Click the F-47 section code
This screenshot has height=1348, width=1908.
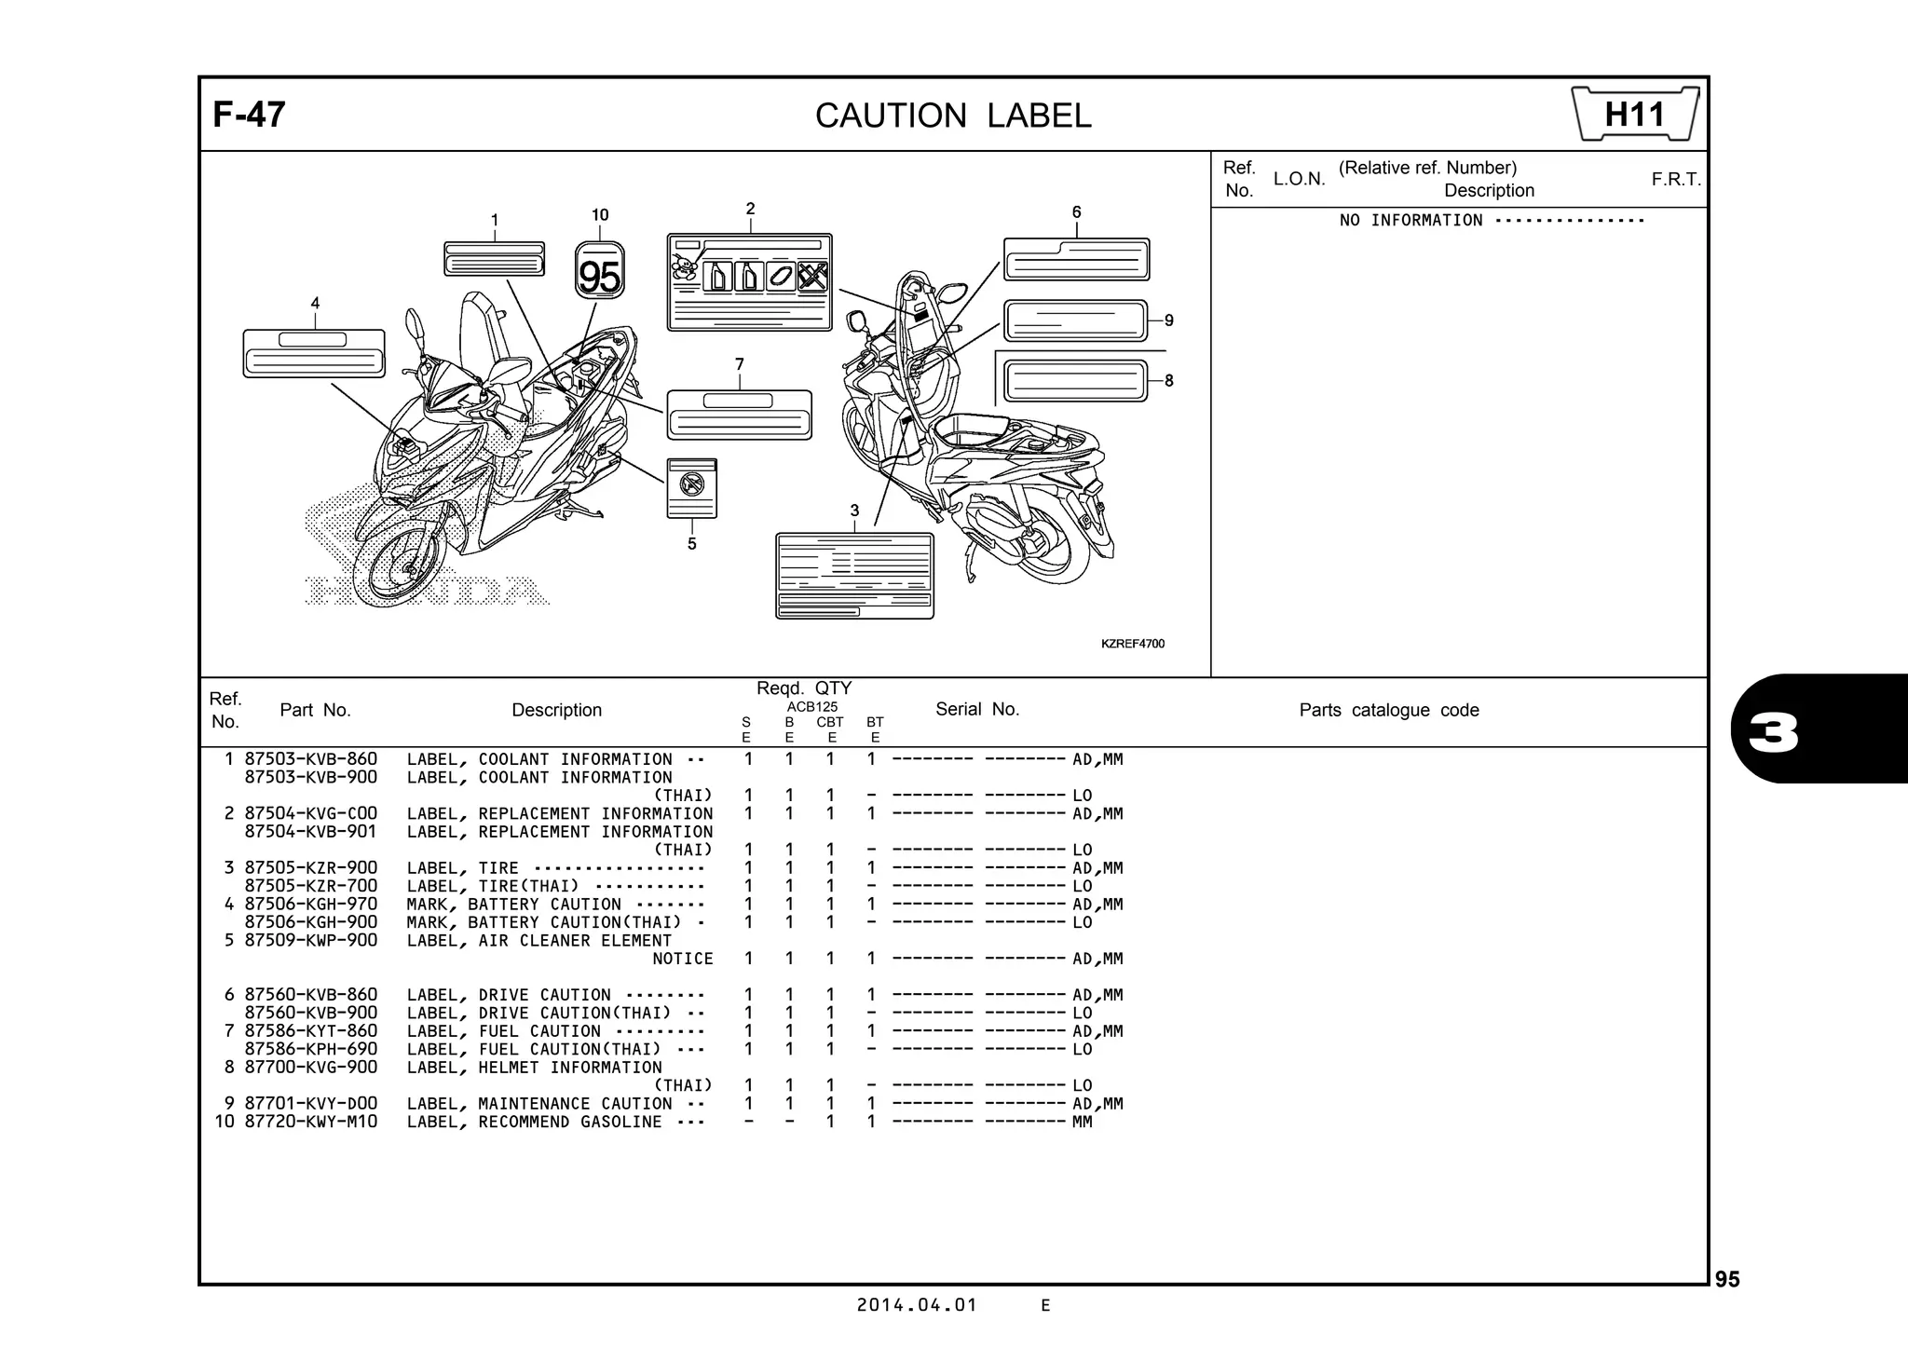tap(249, 115)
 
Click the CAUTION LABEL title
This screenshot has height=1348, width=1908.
tap(952, 116)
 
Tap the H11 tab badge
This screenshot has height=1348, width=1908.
tap(1634, 115)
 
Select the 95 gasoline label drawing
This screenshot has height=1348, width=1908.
tap(599, 271)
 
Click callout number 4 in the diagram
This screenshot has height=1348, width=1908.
tap(315, 304)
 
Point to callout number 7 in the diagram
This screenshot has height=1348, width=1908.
tap(739, 364)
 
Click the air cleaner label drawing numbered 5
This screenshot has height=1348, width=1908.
tap(692, 487)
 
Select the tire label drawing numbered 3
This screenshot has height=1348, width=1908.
tap(854, 575)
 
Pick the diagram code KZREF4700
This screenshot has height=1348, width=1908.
tap(1132, 644)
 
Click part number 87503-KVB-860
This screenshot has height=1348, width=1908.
tap(311, 759)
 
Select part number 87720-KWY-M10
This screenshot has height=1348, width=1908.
tap(311, 1122)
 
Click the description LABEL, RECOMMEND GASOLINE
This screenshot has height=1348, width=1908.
tap(535, 1122)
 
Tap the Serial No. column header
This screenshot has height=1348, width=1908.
tap(977, 710)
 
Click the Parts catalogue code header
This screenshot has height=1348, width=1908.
tap(1388, 711)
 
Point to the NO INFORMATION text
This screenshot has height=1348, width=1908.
tap(1411, 221)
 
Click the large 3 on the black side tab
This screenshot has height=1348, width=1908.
tap(1774, 733)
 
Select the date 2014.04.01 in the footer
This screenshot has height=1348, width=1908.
tap(917, 1305)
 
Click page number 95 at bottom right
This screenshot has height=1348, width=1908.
tap(1726, 1280)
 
